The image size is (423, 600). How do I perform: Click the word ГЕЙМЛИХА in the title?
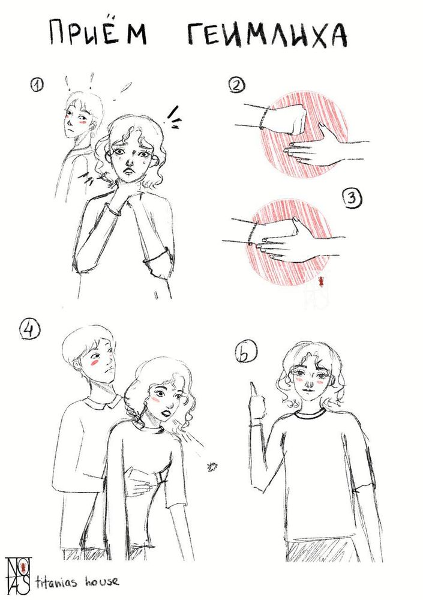coord(267,35)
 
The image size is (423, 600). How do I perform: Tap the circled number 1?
coord(37,85)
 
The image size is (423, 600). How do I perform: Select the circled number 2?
coord(238,86)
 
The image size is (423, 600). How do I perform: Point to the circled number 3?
coord(352,199)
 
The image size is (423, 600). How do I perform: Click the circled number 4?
coord(29,330)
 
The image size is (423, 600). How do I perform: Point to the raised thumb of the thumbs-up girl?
coord(254,391)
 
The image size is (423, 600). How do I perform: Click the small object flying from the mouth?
coord(210,466)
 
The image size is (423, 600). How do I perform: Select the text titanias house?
coord(77,582)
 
